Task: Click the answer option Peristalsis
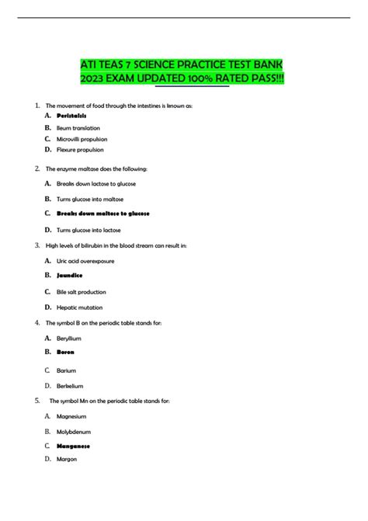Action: point(73,116)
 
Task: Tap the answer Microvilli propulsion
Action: point(82,138)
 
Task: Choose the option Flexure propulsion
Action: point(80,149)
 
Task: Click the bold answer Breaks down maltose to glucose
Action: point(103,213)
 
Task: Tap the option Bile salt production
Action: point(82,292)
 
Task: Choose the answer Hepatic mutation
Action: point(78,307)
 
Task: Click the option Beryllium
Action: point(69,339)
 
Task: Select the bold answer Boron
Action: point(65,352)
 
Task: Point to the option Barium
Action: point(67,370)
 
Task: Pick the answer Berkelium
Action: point(70,385)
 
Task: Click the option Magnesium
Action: point(72,416)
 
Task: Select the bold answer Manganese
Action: point(74,446)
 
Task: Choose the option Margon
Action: point(67,460)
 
